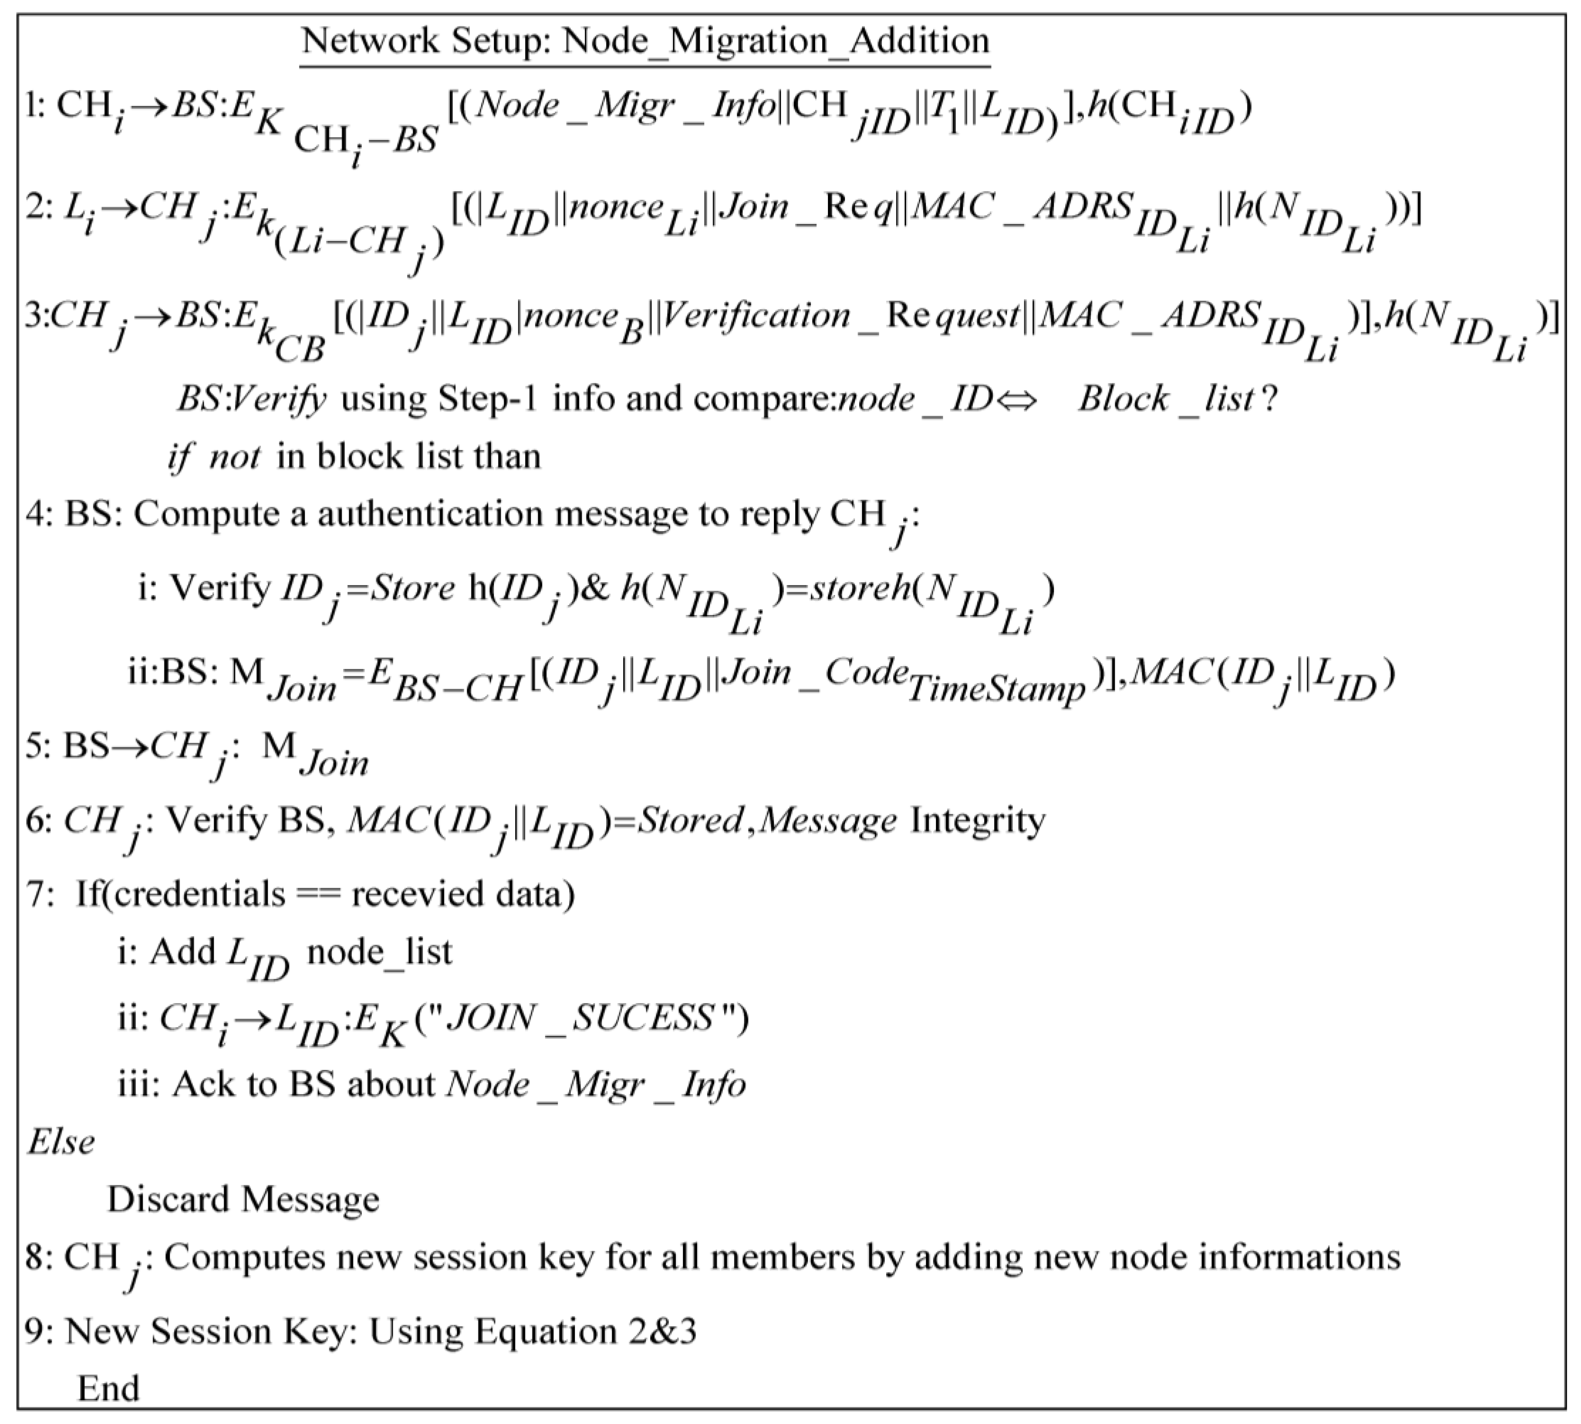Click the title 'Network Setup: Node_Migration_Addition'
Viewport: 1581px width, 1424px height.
coord(646,41)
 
